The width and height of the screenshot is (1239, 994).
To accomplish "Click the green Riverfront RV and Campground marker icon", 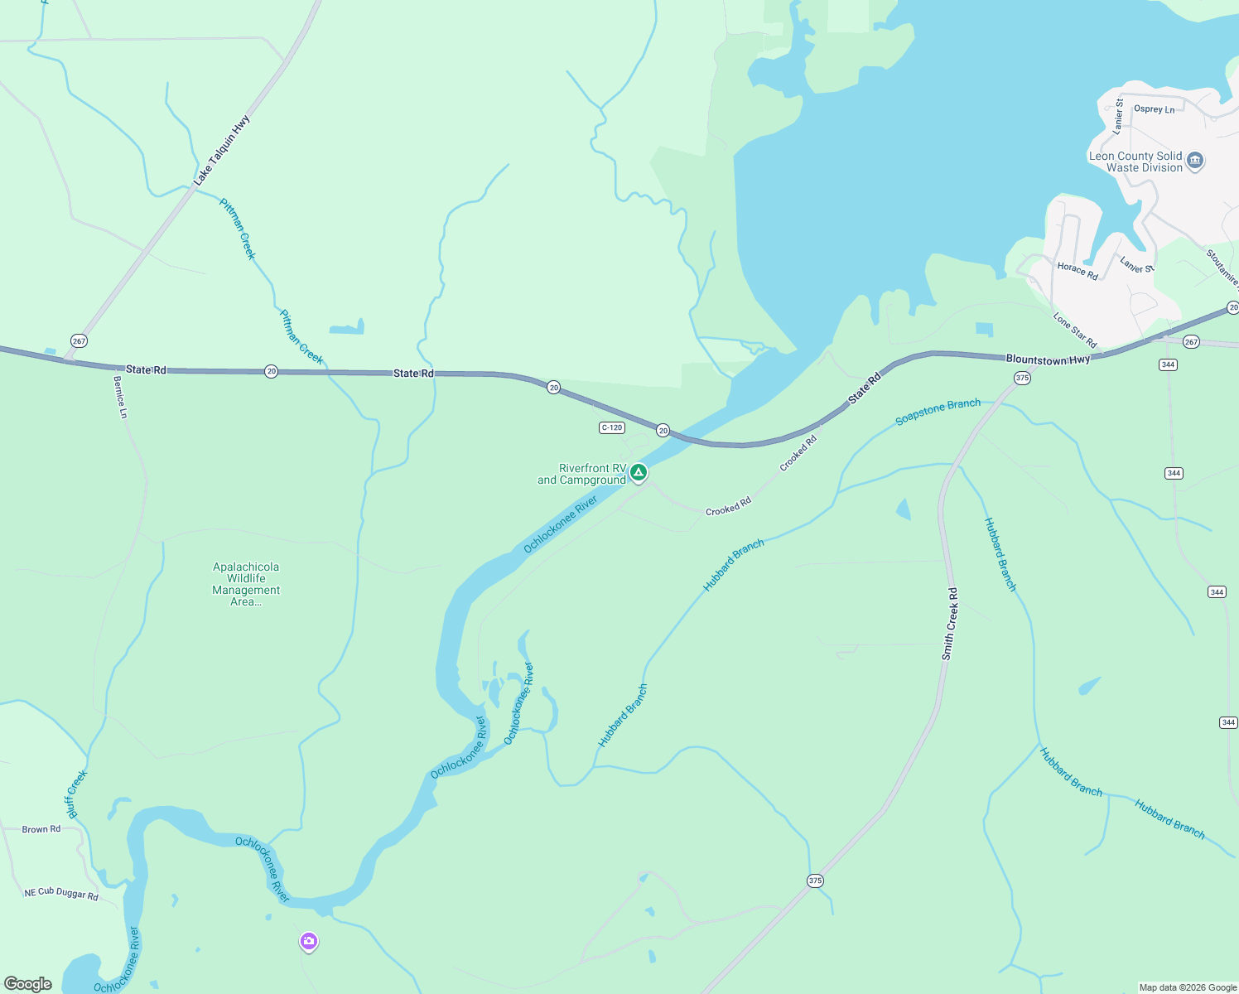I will click(x=638, y=472).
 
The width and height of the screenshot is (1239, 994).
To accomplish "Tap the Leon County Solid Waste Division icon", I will click(x=1194, y=161).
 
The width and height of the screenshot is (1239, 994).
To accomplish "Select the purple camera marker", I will click(x=309, y=941).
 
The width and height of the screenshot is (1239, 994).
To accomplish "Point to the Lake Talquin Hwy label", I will click(x=222, y=151).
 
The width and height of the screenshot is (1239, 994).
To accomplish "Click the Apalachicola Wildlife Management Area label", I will click(x=246, y=584).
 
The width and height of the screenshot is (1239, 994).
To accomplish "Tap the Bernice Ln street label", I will click(x=121, y=397).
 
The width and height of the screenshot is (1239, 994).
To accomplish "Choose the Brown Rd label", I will click(x=41, y=829).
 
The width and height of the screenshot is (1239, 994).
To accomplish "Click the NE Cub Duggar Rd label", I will click(x=61, y=894).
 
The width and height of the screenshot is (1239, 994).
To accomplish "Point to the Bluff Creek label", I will click(x=76, y=794).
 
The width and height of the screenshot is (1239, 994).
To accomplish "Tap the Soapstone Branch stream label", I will click(x=938, y=412).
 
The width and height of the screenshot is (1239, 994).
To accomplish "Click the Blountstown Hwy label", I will click(x=1048, y=359).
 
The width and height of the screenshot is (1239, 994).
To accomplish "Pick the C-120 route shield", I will click(x=611, y=427).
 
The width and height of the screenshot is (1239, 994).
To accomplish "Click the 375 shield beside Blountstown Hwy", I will click(x=1022, y=378).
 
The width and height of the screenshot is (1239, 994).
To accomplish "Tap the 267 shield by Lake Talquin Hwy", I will click(x=79, y=340).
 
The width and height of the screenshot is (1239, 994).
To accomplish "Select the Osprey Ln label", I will click(x=1154, y=109).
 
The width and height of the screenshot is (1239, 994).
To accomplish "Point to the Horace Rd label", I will click(x=1077, y=271).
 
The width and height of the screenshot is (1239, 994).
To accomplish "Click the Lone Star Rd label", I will click(x=1074, y=330).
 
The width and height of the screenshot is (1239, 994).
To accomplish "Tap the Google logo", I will click(x=28, y=984).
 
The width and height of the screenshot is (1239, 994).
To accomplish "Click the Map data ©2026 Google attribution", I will click(x=1188, y=987).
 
